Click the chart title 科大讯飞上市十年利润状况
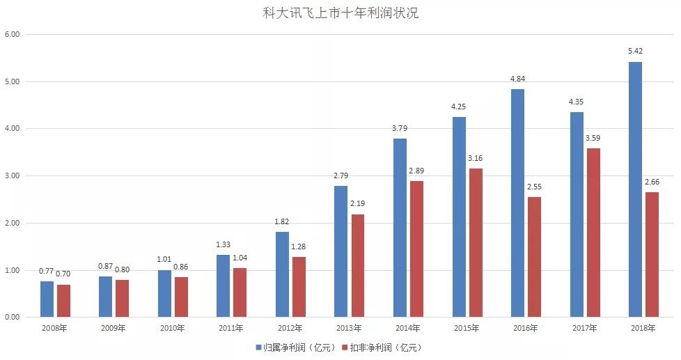click(340, 13)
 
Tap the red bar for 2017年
click(593, 233)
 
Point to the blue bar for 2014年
click(400, 228)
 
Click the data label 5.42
click(635, 52)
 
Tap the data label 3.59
click(593, 138)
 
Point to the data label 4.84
click(517, 79)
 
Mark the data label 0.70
click(63, 274)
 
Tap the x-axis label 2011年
click(231, 328)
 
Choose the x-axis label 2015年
click(467, 328)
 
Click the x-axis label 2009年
click(113, 328)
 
